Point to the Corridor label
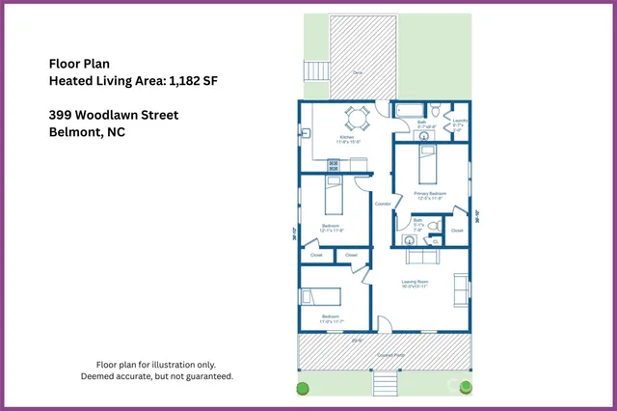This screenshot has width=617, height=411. tap(382, 205)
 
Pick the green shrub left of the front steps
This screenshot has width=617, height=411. tap(302, 389)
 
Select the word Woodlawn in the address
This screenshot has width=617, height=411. tap(109, 116)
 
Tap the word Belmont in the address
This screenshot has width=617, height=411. tap(72, 133)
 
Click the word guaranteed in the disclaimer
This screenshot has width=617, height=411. tap(206, 376)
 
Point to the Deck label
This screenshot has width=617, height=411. tap(357, 72)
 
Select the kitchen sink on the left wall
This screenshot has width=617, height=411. tap(306, 133)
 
